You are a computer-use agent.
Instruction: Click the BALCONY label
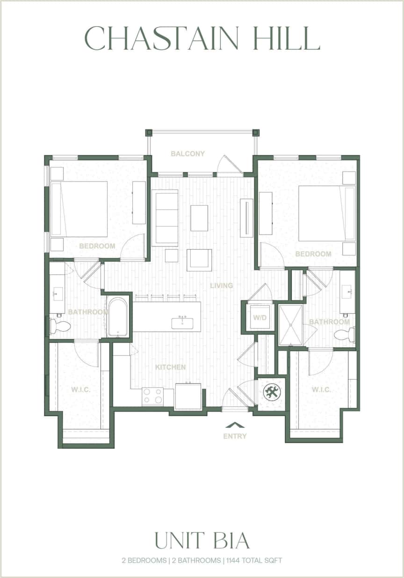coord(188,153)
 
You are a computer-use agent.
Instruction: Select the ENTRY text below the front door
coord(235,436)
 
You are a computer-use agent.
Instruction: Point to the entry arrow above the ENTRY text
coord(235,425)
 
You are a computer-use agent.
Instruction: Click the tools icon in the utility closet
coord(271,392)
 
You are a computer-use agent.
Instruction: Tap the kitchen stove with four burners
coord(152,396)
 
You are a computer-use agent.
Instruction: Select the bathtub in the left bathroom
coord(117,317)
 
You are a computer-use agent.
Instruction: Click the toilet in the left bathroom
coord(60,325)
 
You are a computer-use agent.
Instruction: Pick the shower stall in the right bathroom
coord(291,325)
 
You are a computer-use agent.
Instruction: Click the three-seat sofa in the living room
coord(165,217)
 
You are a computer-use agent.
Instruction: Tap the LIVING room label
coord(221,285)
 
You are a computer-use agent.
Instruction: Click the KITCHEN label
coord(170,367)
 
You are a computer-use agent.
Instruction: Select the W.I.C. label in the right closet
coord(321,390)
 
